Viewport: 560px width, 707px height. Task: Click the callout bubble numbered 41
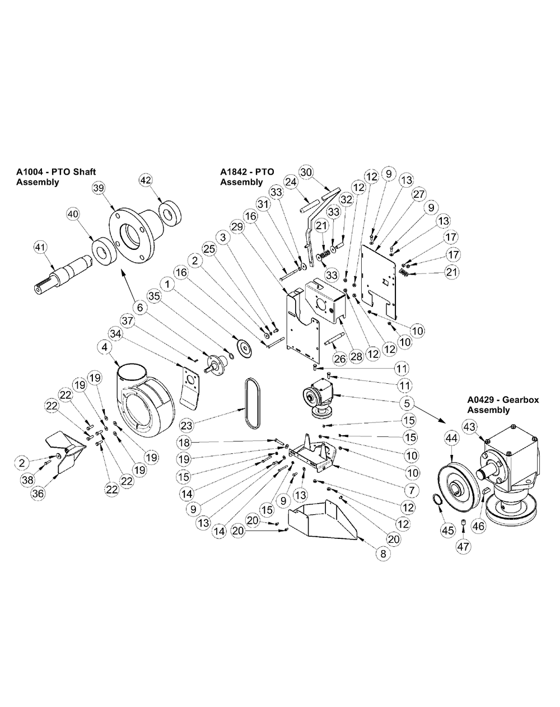[41, 247]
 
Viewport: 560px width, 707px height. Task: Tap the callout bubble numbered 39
[99, 188]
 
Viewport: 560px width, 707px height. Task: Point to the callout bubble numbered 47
[463, 546]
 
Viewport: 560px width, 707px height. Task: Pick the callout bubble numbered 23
[187, 426]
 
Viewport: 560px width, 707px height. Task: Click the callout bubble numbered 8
[383, 553]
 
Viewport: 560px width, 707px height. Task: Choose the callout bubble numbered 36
[38, 493]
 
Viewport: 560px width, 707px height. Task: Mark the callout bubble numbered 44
[451, 438]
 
